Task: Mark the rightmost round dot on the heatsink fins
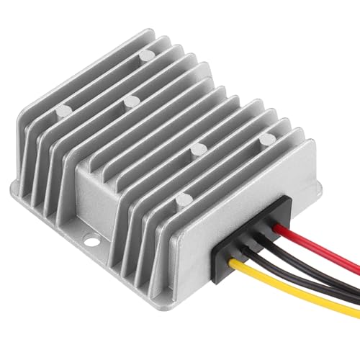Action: coord(265,137)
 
